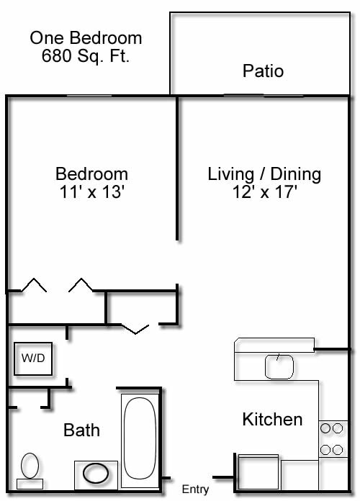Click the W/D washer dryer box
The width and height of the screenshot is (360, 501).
[x=33, y=358]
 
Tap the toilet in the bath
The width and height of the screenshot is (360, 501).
[x=30, y=466]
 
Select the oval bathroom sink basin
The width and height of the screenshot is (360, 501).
[x=96, y=474]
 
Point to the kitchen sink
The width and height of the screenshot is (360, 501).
[x=279, y=366]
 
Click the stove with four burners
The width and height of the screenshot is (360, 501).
[x=332, y=439]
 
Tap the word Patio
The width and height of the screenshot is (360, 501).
[x=263, y=71]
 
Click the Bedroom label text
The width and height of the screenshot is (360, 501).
[x=92, y=173]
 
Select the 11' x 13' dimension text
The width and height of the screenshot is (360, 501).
[x=92, y=192]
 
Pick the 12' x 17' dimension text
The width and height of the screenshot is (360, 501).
[x=264, y=192]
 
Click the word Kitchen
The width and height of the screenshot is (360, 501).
[x=272, y=419]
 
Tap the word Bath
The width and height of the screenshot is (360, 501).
[x=81, y=430]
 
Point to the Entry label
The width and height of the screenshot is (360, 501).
[x=195, y=489]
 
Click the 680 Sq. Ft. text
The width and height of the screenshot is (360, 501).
[x=86, y=56]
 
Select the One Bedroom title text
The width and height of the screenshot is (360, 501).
[x=86, y=38]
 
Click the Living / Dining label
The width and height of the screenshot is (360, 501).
[x=264, y=173]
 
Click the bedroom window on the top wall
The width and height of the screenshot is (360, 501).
[x=89, y=96]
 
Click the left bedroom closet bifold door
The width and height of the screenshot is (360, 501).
[x=33, y=285]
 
